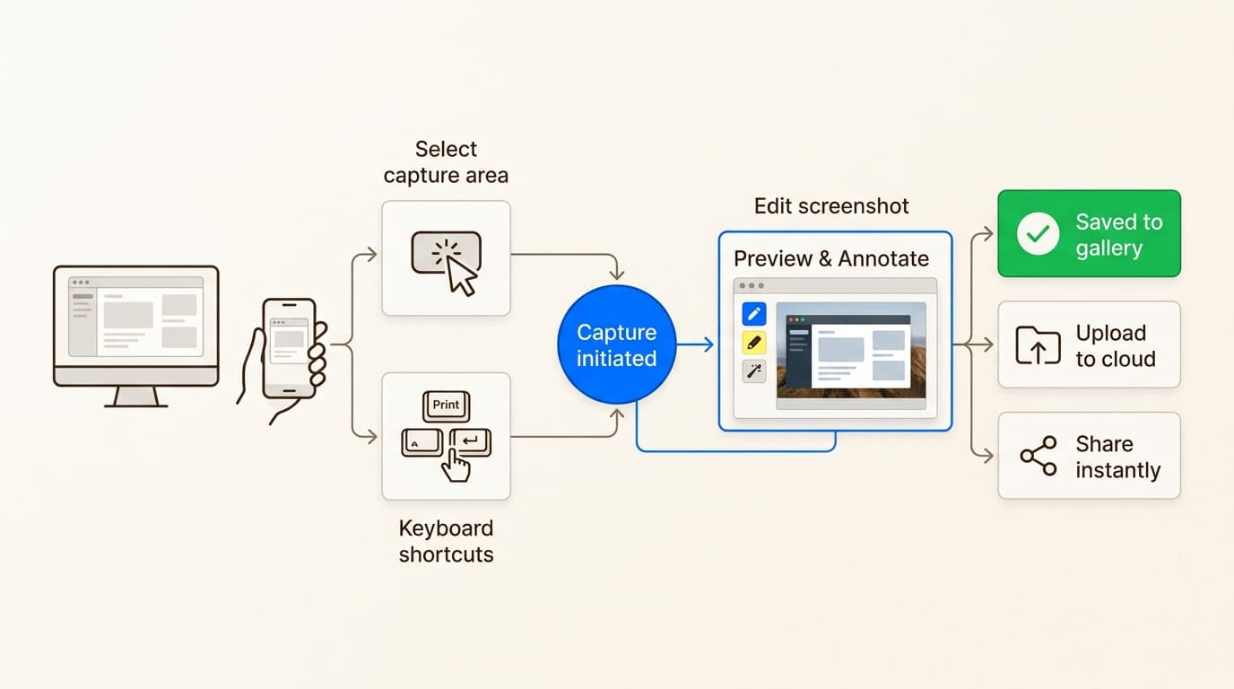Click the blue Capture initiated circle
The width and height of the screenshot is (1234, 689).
[616, 345]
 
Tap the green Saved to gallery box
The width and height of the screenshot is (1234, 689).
[1089, 233]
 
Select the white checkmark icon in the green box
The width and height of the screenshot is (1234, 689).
[1038, 234]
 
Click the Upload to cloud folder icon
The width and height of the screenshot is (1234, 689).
[1038, 345]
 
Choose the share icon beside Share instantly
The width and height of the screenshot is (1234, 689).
[1038, 457]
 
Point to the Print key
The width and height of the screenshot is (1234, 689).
[446, 406]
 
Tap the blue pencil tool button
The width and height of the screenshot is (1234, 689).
[754, 314]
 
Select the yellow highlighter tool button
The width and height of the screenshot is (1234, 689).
[754, 343]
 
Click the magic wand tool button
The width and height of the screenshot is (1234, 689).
[754, 371]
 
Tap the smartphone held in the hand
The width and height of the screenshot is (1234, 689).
[289, 347]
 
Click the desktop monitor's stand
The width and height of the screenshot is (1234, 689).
[136, 397]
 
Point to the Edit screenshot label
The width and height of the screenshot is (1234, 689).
[831, 206]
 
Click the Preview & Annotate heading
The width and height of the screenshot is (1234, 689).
[831, 259]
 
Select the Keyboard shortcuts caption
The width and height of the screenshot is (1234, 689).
[446, 541]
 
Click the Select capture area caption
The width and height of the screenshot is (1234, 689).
[446, 161]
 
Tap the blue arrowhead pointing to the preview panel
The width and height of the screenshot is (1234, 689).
[708, 344]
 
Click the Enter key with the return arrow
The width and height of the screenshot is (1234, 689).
[470, 440]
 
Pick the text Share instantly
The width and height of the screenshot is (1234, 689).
[1117, 457]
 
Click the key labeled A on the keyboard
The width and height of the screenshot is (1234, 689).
[421, 442]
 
